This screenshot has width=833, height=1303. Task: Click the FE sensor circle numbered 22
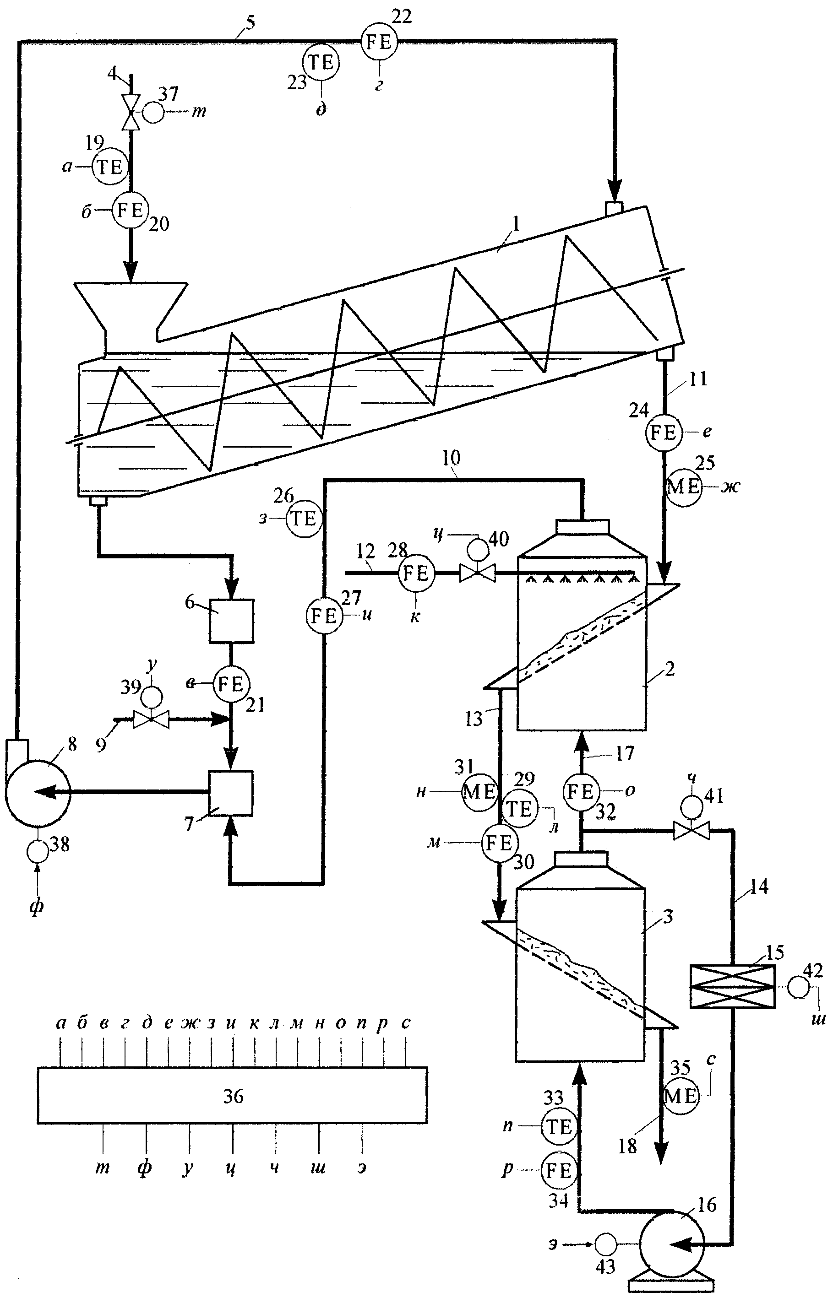(x=379, y=42)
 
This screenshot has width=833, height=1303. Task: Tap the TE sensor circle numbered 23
(x=321, y=63)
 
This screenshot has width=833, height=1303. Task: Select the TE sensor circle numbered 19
(x=110, y=167)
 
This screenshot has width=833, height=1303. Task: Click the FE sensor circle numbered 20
(x=130, y=210)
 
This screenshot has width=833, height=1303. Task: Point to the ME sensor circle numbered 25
(x=683, y=487)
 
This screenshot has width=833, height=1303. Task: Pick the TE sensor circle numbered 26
(x=304, y=519)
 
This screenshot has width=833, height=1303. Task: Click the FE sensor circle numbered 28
(x=416, y=573)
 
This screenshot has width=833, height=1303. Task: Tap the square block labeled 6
(x=232, y=621)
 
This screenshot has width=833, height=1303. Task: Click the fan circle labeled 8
(x=38, y=792)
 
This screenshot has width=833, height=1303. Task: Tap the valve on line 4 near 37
(x=131, y=113)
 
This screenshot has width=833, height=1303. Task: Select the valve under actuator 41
(x=691, y=830)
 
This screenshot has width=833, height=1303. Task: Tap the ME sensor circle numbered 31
(x=479, y=792)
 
